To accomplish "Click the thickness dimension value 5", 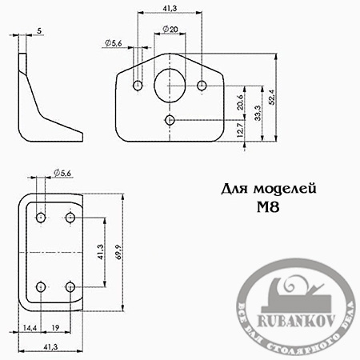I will (x=39, y=30).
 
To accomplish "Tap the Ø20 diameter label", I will (x=170, y=30).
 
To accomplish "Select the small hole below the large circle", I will (x=170, y=120).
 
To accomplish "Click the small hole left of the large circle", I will (x=138, y=84).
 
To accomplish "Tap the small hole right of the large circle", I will (x=202, y=84).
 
